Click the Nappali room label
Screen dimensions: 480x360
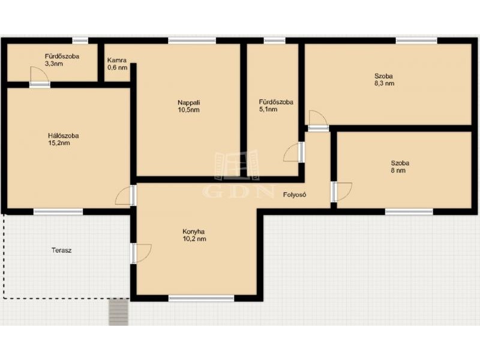pos(189,103)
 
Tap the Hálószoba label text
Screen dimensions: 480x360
pos(63,136)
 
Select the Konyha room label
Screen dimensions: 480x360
pos(193,232)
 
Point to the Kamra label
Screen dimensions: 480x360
pos(116,61)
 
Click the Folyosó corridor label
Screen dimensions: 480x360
pos(295,194)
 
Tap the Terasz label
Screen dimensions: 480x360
pos(62,250)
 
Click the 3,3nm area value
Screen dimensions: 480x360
pos(54,64)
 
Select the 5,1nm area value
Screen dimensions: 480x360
pos(268,109)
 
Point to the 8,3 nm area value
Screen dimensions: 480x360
pos(384,83)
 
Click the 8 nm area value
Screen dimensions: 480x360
pos(398,170)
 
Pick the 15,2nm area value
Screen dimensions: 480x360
pos(59,143)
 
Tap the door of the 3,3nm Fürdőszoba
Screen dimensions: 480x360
pos(40,77)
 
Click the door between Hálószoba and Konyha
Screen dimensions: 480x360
pos(126,196)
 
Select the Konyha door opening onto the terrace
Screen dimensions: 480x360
pos(141,253)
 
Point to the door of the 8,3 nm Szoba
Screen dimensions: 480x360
pos(319,121)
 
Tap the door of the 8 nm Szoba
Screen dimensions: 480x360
pos(341,192)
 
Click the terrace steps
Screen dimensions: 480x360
pos(118,311)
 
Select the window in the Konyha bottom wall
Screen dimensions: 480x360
pos(201,298)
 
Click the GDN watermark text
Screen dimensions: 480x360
pos(238,192)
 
